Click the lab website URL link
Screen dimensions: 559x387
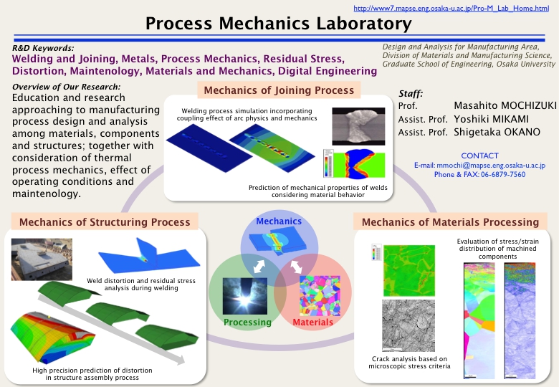point(451,8)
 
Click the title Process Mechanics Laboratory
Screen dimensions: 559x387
point(279,24)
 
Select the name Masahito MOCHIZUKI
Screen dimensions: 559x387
point(505,105)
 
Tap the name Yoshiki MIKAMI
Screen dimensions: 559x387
point(491,119)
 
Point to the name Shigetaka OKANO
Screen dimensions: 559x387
point(497,132)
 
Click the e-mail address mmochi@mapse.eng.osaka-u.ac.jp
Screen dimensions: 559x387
point(491,166)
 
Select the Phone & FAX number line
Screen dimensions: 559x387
point(479,175)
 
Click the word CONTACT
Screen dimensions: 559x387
point(479,156)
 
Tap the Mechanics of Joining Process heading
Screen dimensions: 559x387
point(279,90)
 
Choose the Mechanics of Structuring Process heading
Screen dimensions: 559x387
point(105,222)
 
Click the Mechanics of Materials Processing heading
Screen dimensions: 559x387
point(450,222)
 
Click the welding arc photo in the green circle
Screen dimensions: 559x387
point(244,297)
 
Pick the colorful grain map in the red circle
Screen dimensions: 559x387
point(320,296)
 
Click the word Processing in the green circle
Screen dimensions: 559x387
point(247,322)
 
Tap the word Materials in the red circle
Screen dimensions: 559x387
point(312,322)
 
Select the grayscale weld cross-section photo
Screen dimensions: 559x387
point(358,126)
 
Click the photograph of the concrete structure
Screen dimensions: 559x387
point(42,259)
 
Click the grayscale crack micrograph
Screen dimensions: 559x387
point(408,325)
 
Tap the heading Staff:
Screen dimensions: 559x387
point(411,94)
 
